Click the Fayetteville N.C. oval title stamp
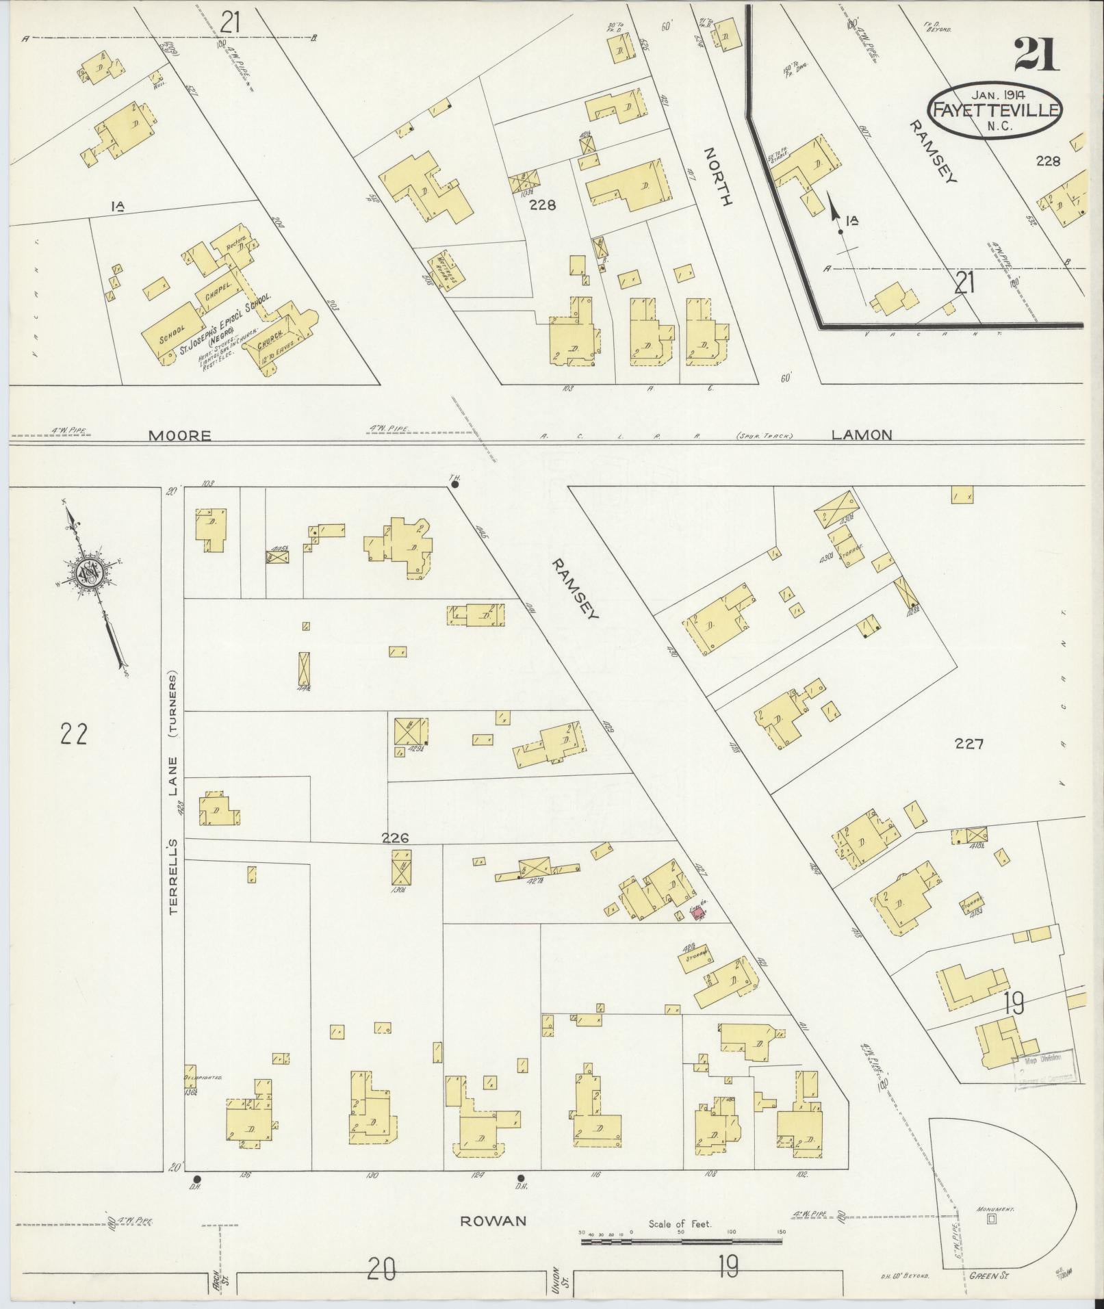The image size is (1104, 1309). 994,111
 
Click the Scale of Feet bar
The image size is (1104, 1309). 682,1241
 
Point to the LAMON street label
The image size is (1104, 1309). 862,434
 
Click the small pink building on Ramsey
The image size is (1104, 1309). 699,913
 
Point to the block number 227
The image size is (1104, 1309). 970,744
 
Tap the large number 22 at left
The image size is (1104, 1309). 73,734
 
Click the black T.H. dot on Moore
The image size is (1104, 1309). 454,484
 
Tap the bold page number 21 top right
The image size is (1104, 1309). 1036,55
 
